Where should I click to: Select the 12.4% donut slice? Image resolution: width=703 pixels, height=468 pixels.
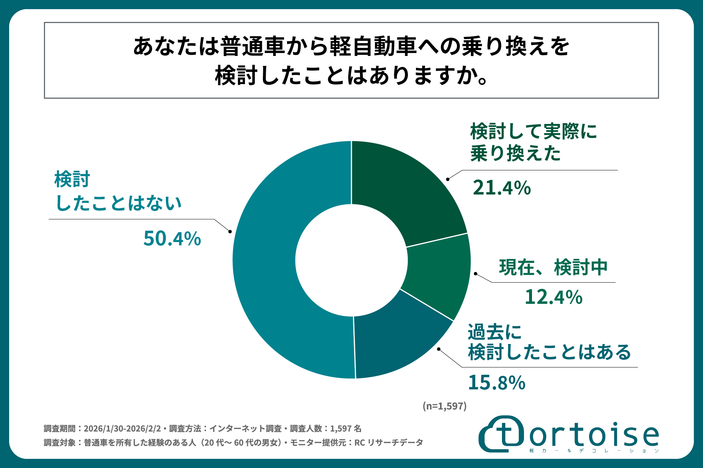[x=438, y=276]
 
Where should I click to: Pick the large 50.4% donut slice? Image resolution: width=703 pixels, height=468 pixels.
[x=271, y=263]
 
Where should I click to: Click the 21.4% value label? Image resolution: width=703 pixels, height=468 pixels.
[x=502, y=188]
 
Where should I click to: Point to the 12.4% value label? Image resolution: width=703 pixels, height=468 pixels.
[x=553, y=297]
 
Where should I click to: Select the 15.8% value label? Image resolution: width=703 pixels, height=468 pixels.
[x=496, y=383]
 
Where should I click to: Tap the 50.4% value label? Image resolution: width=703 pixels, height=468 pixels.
[x=172, y=238]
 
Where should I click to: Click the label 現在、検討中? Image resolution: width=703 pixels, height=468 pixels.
[x=553, y=267]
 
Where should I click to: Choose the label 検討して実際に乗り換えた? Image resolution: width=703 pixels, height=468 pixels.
[x=533, y=142]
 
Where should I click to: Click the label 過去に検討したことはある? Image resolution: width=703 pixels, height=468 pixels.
[x=549, y=342]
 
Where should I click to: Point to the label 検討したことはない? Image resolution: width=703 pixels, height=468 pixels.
[x=118, y=191]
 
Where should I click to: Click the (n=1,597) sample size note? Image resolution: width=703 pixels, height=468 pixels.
[x=445, y=406]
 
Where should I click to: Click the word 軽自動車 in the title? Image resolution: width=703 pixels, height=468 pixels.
[x=373, y=46]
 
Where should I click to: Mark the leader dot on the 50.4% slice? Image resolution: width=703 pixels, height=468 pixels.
[x=230, y=231]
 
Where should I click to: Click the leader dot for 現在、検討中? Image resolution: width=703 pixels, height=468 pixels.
[x=476, y=273]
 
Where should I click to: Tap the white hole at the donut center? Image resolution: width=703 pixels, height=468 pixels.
[x=351, y=260]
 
